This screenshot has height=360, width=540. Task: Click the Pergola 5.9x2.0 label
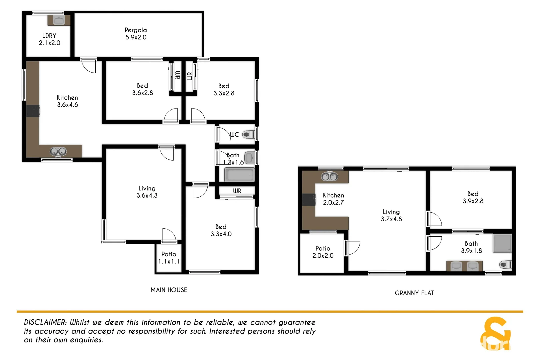coord(136,34)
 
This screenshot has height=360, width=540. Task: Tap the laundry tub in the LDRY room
coord(59,20)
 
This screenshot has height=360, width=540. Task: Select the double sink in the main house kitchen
coord(58,152)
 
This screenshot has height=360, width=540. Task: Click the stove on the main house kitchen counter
coord(33,111)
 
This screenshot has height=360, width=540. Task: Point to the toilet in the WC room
coord(248,135)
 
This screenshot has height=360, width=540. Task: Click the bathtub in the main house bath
coord(239,175)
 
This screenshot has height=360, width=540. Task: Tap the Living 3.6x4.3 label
coord(147,192)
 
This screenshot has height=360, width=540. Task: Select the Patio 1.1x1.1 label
coord(169,258)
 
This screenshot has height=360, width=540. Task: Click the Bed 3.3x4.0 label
coord(221,230)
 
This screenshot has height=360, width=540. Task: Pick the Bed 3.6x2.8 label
coord(142,89)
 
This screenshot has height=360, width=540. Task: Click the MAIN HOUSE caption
coord(169,290)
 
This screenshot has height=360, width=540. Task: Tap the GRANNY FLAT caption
coord(414,293)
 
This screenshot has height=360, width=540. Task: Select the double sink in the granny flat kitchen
coord(329,176)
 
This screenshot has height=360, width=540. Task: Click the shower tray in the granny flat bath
coord(502,243)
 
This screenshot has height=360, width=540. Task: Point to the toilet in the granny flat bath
coord(505,265)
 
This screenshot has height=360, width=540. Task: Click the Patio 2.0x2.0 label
coord(323,252)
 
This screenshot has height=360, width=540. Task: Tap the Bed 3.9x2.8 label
coord(473,197)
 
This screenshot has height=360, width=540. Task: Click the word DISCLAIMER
coord(45,322)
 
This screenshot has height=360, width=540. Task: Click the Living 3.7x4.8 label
coord(391,215)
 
